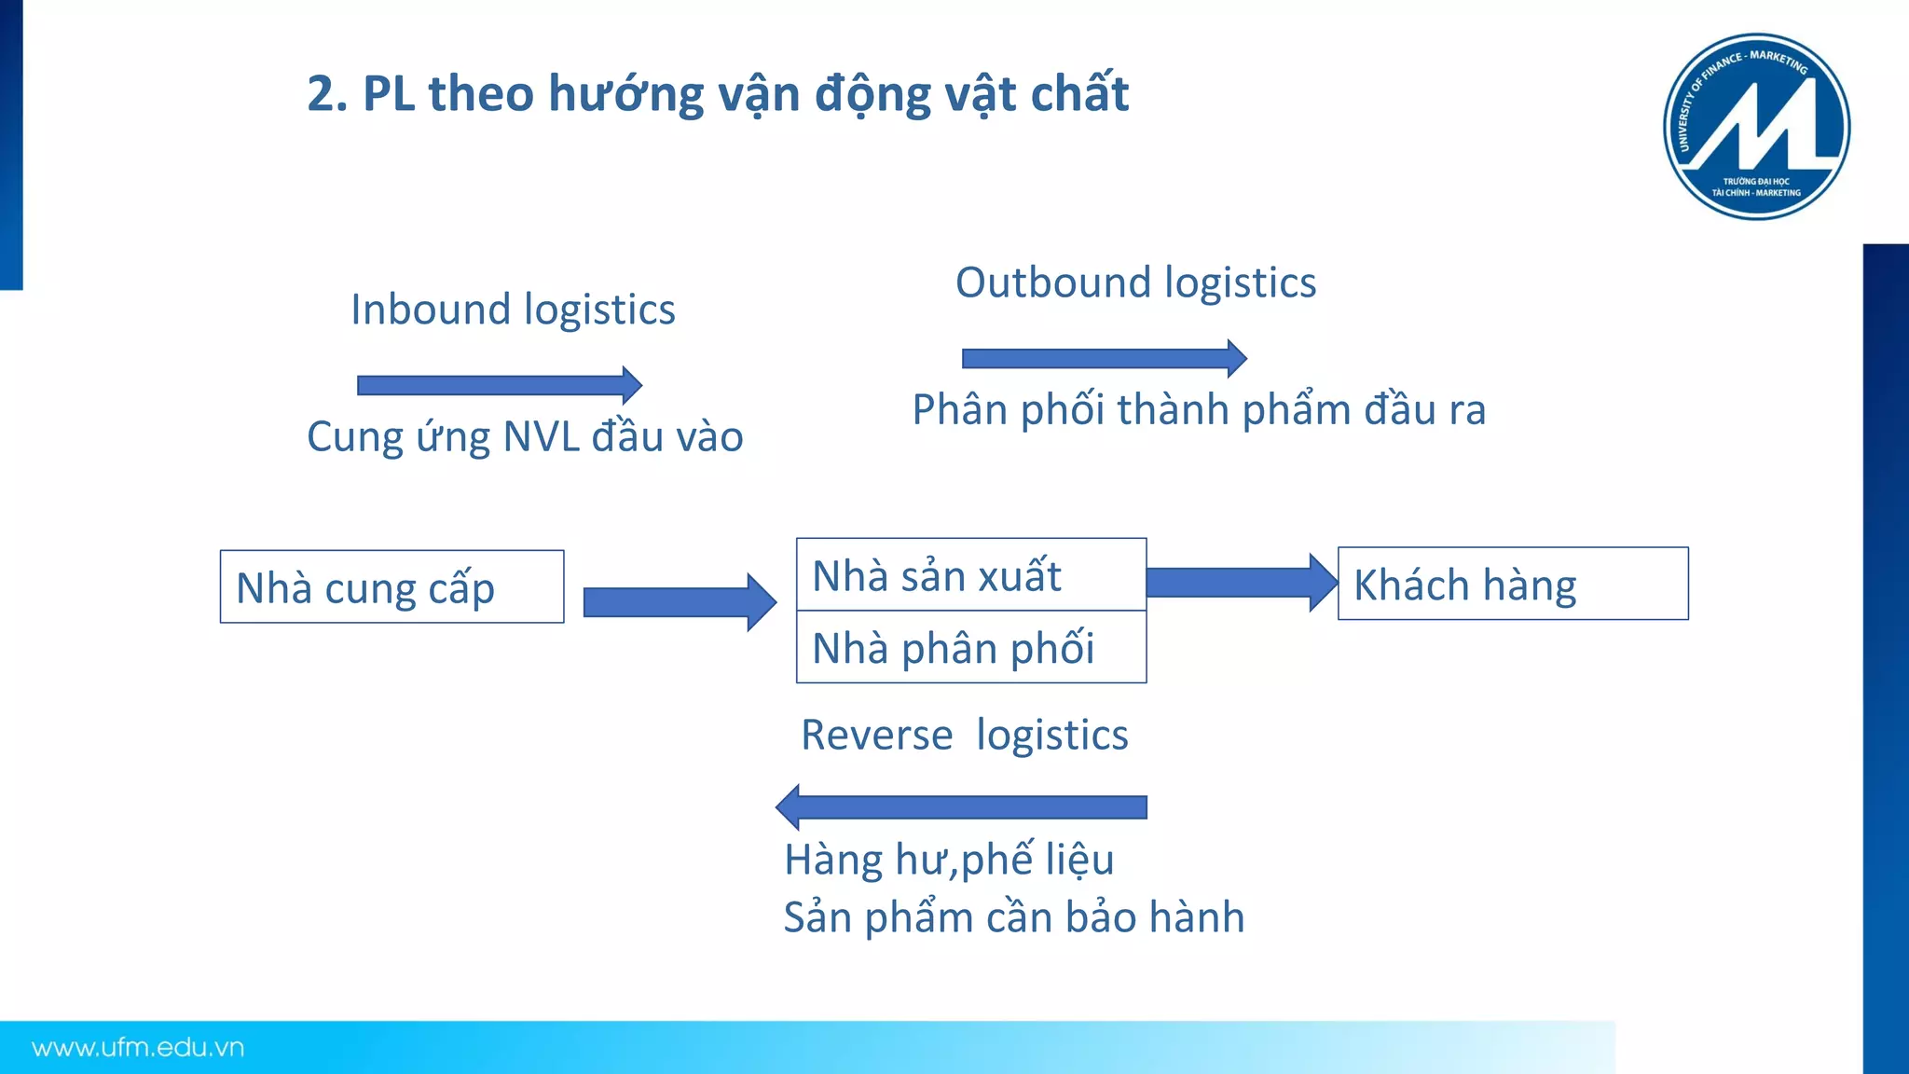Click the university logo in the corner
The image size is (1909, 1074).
(x=1756, y=127)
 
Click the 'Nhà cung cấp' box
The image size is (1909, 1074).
(x=391, y=586)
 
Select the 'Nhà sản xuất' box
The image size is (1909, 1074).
(x=970, y=575)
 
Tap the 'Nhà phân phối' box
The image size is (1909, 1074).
(x=970, y=648)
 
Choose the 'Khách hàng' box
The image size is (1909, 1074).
(x=1512, y=584)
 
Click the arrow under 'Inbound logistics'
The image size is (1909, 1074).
(x=499, y=385)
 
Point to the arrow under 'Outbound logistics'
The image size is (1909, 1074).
(x=1104, y=358)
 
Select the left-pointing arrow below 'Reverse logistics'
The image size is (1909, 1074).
(x=961, y=807)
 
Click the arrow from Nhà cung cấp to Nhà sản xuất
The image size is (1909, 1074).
(x=679, y=602)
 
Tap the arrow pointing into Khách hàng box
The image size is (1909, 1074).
(x=1241, y=583)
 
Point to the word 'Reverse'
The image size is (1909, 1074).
(x=876, y=735)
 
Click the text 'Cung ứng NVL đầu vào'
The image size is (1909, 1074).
(x=525, y=436)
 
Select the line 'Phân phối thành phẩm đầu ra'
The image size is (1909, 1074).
(x=1198, y=410)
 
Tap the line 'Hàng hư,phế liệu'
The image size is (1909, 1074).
(x=948, y=860)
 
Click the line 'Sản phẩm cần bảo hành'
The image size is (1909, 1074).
(x=1013, y=917)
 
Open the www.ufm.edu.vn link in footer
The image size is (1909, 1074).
(x=138, y=1048)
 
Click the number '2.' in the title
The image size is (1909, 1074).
(x=327, y=94)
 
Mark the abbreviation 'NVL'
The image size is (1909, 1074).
(x=540, y=436)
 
